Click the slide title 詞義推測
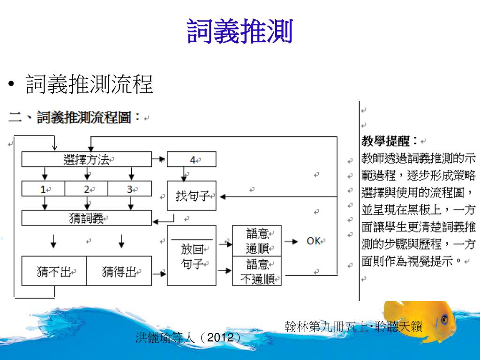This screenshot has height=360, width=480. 240,31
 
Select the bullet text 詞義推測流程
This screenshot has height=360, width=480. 90,84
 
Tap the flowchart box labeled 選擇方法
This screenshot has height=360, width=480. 87,159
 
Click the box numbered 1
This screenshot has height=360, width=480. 43,189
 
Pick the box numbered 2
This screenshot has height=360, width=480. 86,189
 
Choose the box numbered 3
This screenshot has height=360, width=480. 130,189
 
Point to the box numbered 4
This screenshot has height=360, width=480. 192,159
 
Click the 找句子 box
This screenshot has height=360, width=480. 192,195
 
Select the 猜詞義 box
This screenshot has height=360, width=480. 87,218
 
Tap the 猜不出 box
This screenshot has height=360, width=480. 54,271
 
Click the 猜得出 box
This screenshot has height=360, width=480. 119,271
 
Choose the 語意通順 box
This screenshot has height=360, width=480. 256,240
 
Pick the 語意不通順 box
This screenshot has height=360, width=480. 256,271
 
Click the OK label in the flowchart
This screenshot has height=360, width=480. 313,240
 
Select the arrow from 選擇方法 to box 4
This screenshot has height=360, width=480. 159,159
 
